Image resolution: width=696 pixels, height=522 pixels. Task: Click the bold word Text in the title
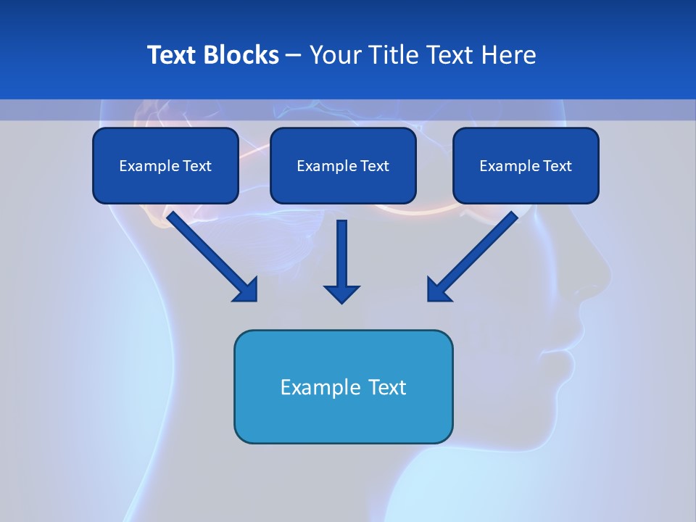point(173,55)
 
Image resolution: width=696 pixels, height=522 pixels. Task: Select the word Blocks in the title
point(242,55)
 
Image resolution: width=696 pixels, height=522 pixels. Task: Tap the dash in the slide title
point(294,56)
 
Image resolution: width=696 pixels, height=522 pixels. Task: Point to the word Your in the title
point(336,55)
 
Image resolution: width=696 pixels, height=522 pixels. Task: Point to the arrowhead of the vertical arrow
point(341,294)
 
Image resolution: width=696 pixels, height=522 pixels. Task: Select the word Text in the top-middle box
point(374,166)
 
